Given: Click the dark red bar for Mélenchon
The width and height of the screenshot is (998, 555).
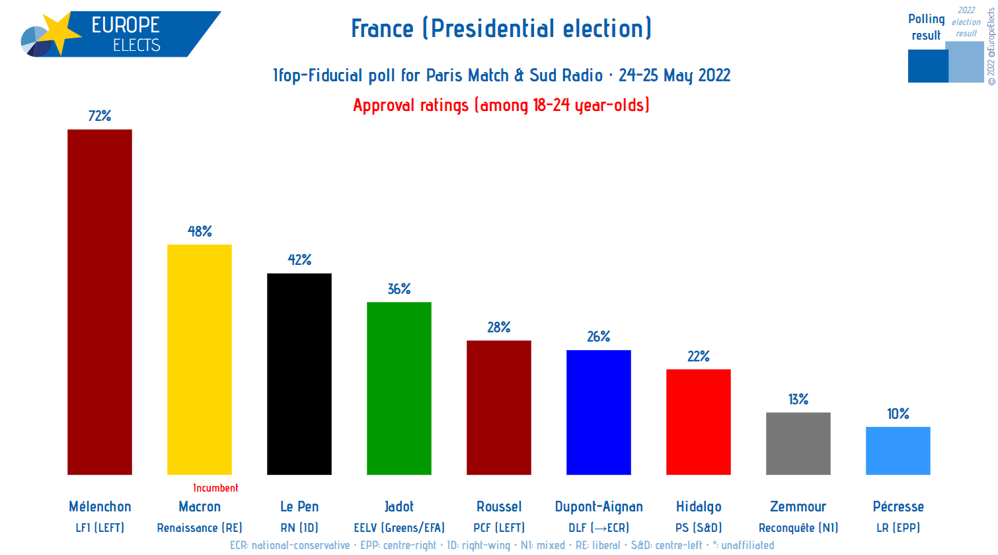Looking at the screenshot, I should [100, 302].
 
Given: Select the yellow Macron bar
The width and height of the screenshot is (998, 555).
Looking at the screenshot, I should [200, 359].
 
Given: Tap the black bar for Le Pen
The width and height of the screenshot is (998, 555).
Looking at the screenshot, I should [299, 374].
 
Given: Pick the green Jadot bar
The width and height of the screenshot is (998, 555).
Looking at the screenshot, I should [399, 388].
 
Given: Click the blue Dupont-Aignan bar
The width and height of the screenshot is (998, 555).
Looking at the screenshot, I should [599, 412].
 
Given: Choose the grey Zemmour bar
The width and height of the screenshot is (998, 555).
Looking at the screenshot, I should [798, 443].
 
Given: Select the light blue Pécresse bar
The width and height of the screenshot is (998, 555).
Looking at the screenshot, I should [898, 451].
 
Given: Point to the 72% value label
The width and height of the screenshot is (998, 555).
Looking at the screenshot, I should [100, 116].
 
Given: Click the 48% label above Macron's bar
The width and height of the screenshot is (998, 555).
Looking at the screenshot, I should [200, 231].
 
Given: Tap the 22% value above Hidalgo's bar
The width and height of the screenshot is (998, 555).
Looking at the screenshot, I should [699, 357].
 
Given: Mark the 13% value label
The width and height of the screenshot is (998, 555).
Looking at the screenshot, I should [798, 400].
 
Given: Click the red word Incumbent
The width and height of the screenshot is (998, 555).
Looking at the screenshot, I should [215, 488].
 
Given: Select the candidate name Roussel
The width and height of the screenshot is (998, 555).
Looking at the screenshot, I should [499, 507].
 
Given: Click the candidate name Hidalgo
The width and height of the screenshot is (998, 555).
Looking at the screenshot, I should [699, 507].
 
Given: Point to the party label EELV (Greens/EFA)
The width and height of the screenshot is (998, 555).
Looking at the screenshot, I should [399, 528].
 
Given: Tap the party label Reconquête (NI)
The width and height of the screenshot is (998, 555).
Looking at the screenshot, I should [798, 528].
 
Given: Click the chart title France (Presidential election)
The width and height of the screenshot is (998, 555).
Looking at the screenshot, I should [501, 28].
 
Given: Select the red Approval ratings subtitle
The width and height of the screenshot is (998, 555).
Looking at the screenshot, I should [501, 105].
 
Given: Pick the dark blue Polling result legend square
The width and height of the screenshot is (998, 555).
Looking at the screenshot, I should [927, 66].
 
